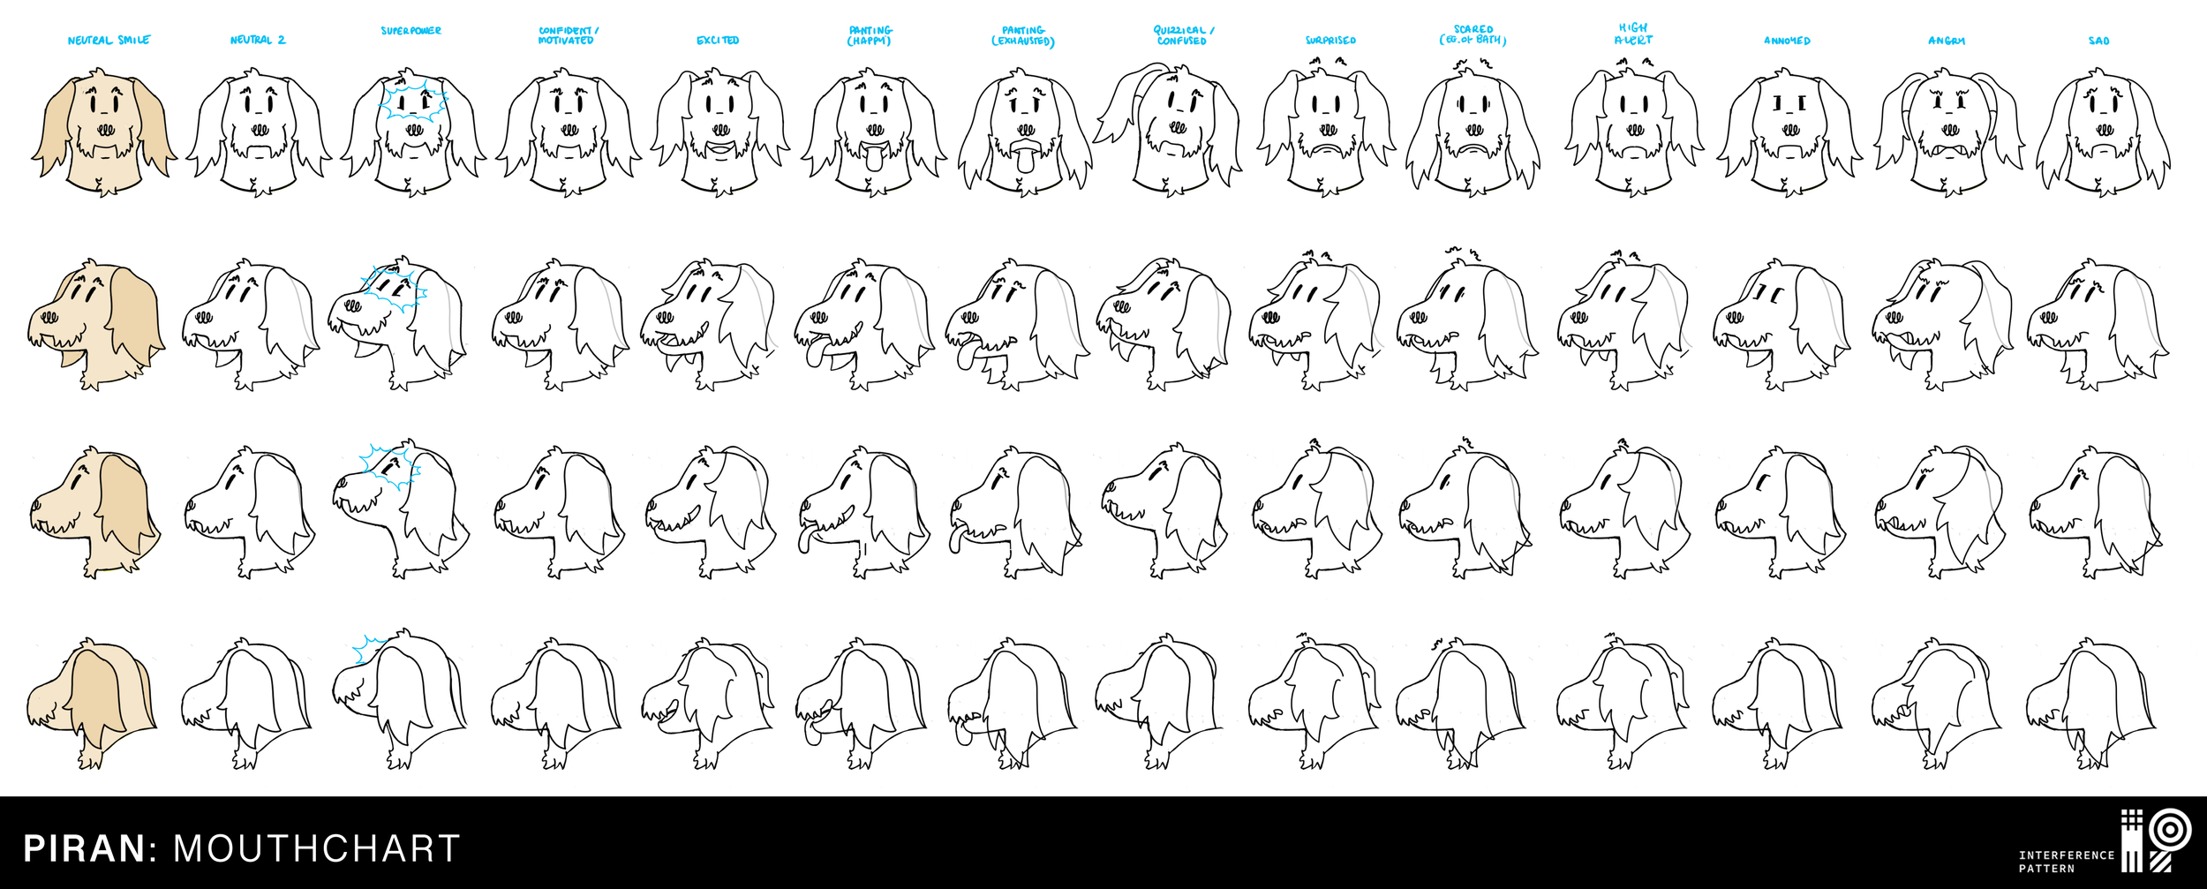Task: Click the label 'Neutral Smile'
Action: [x=109, y=40]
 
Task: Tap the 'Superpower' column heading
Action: [x=411, y=31]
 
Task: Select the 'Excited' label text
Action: [x=718, y=41]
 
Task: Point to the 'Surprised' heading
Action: [x=1330, y=41]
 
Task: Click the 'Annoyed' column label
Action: [x=1787, y=41]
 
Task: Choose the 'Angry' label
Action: [x=1946, y=41]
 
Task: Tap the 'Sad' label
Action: [x=2098, y=41]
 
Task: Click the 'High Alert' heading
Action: [x=1633, y=34]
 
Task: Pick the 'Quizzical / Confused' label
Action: [x=1183, y=35]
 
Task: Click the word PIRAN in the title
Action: [x=85, y=848]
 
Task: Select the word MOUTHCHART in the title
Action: [x=316, y=848]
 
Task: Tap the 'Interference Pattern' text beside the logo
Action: [x=2066, y=861]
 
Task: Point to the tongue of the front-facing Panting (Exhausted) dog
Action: [x=1025, y=161]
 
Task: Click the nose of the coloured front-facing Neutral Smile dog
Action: [x=105, y=129]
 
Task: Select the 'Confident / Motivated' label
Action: [x=567, y=35]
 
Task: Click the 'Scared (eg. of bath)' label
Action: [x=1473, y=35]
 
